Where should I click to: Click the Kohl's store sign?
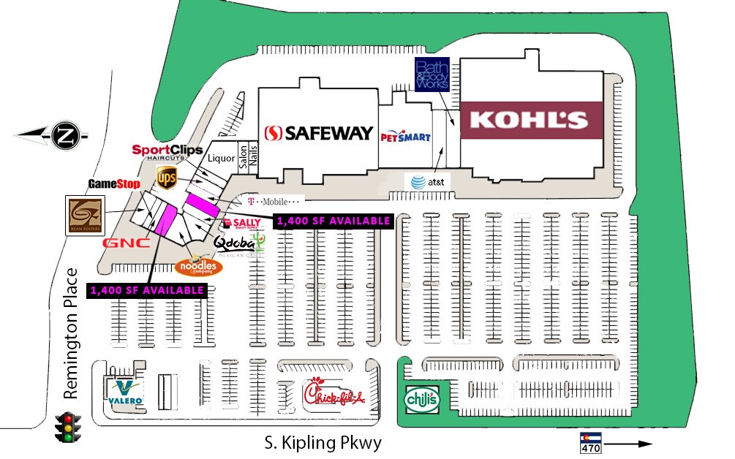point(530,120)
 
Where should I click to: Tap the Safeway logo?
point(319,133)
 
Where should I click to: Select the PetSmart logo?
point(405,136)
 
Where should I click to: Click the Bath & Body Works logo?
point(431,75)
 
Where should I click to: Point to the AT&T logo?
point(423,181)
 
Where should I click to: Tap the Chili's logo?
point(423,400)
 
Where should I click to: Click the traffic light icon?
point(69,427)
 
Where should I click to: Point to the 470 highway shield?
point(591,443)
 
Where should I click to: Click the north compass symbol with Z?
point(64,135)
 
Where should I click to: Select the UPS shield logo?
point(166,177)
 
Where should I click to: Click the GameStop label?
point(113,183)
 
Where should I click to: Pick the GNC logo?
point(127,243)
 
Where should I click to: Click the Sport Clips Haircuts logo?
point(167,152)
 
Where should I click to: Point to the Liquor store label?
point(222,158)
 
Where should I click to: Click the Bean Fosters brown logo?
point(84,216)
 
